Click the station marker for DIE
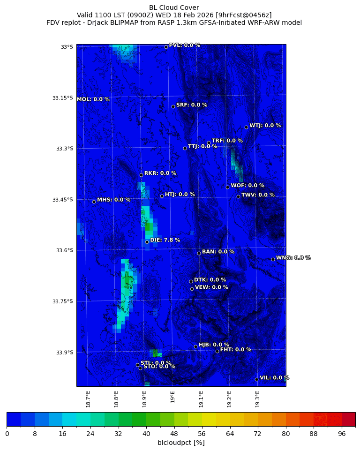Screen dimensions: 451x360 click(147, 242)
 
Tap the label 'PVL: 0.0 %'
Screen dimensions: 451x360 click(184, 45)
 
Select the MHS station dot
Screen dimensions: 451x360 click(94, 202)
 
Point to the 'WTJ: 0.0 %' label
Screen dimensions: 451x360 click(265, 126)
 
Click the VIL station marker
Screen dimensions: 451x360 click(256, 379)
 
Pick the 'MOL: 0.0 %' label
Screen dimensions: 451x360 click(93, 99)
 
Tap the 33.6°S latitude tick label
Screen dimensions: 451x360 click(65, 250)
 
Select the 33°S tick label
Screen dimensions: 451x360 click(67, 47)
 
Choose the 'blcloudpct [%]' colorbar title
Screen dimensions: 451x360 click(181, 443)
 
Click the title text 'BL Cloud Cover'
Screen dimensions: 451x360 click(174, 8)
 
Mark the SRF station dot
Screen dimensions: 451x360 click(173, 106)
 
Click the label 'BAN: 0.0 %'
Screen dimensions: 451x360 click(218, 252)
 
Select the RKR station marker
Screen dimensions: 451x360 click(141, 175)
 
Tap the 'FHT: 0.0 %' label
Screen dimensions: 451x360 click(236, 349)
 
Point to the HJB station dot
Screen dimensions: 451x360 click(195, 346)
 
